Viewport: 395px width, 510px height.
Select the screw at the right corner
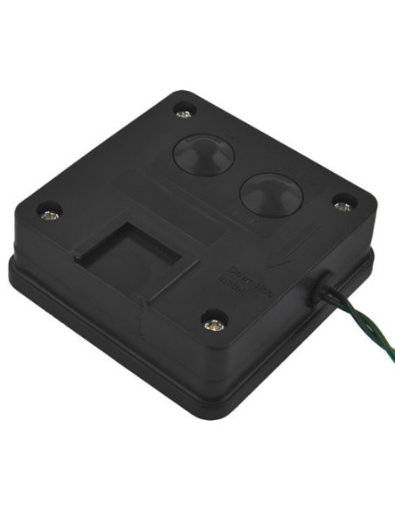click(342, 206)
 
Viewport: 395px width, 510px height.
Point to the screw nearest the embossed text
click(211, 324)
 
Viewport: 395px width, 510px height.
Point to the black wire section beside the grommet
click(336, 298)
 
